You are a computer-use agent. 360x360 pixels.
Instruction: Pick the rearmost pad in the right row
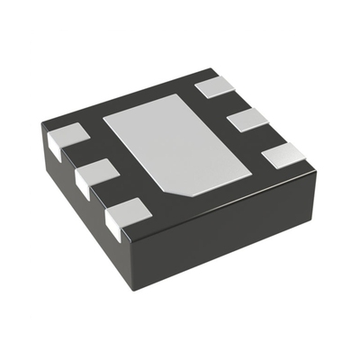pyautogui.click(x=216, y=87)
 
